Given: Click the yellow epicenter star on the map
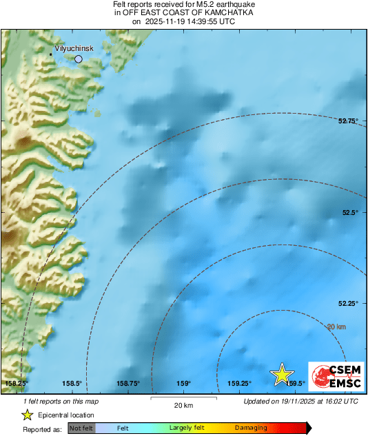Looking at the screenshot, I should (281, 374).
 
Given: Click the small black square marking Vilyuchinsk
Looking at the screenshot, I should (51, 54).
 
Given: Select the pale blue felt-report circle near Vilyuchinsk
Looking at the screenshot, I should (79, 59).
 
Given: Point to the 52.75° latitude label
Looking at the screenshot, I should (348, 121).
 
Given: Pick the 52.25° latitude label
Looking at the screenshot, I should (348, 303).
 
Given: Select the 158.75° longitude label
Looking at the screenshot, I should (128, 384).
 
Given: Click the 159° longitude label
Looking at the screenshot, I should (183, 384).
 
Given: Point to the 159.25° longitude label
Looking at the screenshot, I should (240, 384).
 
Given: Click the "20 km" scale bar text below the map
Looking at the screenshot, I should (183, 404).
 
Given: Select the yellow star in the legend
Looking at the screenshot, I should (27, 415).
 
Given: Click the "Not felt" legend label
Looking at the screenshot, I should (82, 428).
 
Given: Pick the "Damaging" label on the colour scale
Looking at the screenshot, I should (251, 428).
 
